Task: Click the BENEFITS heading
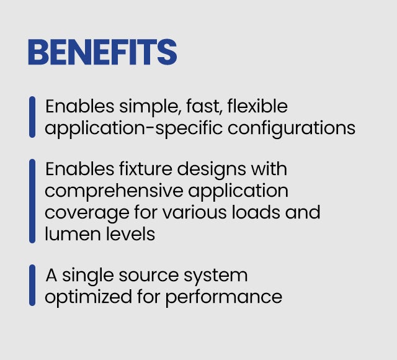click(102, 52)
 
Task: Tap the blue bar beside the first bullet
click(32, 117)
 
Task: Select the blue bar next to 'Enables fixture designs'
click(32, 201)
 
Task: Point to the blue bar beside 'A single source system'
click(32, 285)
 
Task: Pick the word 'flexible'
click(257, 106)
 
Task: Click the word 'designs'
click(212, 170)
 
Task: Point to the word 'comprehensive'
click(114, 192)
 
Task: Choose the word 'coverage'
click(87, 214)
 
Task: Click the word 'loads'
click(256, 212)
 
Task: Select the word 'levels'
click(130, 234)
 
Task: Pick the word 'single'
click(88, 276)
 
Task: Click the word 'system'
click(215, 276)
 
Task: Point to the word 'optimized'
click(88, 297)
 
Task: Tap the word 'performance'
click(224, 298)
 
